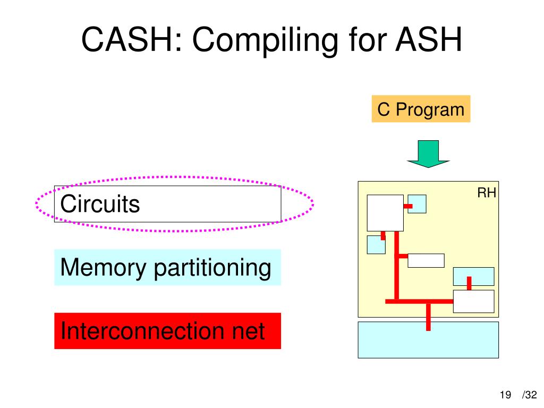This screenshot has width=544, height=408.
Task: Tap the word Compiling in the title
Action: click(265, 41)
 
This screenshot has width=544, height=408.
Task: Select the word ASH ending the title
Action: click(429, 39)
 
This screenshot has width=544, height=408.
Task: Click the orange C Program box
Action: click(421, 109)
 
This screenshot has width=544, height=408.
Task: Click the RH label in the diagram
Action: click(487, 192)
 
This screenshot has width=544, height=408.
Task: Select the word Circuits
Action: click(100, 203)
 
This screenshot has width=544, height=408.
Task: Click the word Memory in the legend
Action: click(103, 268)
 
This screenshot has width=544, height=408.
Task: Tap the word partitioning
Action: click(212, 268)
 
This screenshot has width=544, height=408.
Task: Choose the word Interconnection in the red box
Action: click(143, 330)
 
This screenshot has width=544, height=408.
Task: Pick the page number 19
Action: click(506, 395)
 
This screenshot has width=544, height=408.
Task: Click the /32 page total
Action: click(530, 395)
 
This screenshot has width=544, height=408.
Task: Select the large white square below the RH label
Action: click(385, 213)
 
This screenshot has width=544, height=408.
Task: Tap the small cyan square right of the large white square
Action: click(417, 204)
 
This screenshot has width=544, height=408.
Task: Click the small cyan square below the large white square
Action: click(376, 245)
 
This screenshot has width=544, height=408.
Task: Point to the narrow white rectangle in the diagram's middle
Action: click(426, 261)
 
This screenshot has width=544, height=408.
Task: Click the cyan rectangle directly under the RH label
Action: click(473, 276)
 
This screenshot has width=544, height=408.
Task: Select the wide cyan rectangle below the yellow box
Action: click(428, 340)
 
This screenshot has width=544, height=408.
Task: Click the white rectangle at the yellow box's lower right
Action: click(473, 302)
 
